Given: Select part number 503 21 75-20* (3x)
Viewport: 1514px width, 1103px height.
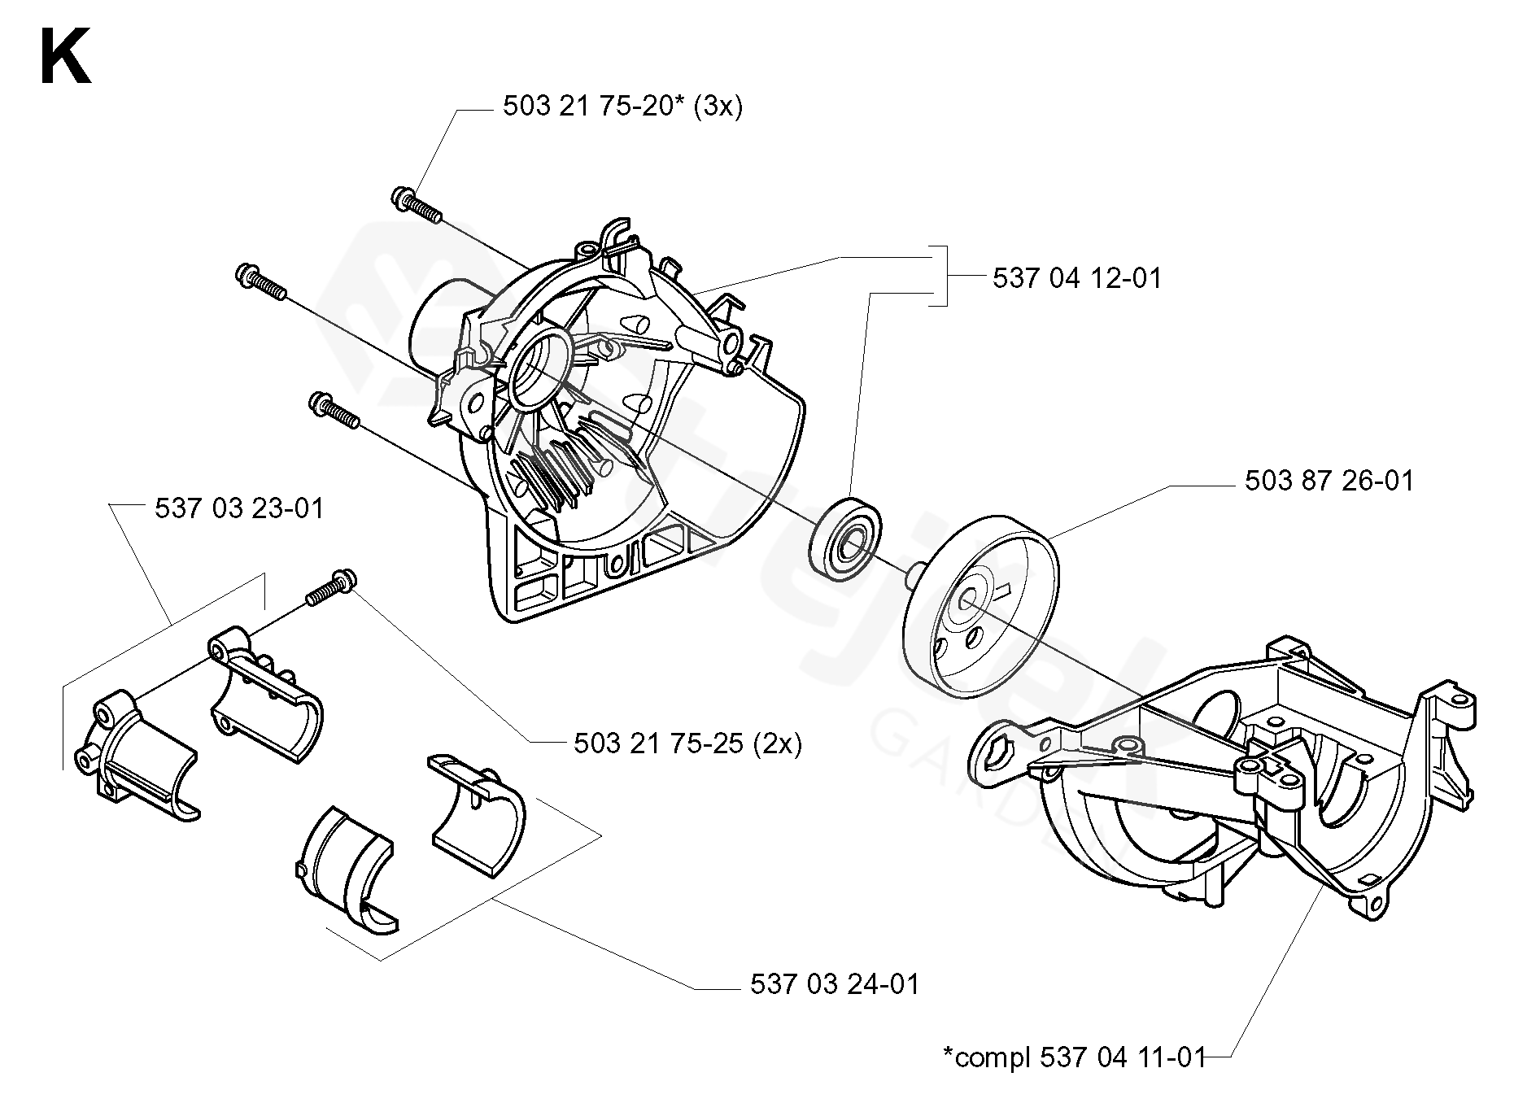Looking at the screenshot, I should click(x=622, y=107).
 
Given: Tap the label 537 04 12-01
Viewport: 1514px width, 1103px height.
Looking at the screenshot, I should click(x=1076, y=278).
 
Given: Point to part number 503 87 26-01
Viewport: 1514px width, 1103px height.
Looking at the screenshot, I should click(x=1329, y=481).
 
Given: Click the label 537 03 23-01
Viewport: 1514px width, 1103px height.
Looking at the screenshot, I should click(x=239, y=509).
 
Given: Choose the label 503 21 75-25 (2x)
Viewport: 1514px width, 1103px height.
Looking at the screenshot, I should click(x=687, y=743).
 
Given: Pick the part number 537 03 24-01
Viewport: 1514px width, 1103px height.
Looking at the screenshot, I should click(x=834, y=984).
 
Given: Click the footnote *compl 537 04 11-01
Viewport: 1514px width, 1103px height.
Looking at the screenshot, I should click(x=1073, y=1057).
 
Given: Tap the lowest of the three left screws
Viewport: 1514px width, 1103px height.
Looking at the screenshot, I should click(x=334, y=409).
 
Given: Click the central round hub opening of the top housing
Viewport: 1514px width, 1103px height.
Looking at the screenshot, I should click(x=537, y=367).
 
